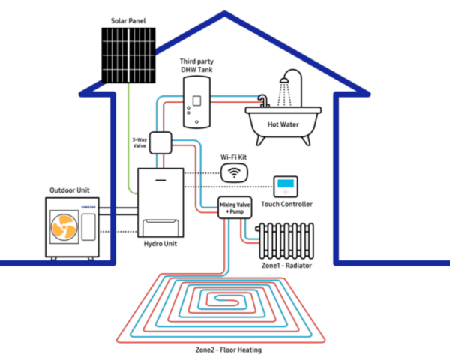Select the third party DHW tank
[197, 104]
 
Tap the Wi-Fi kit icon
[233, 173]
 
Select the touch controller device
[286, 185]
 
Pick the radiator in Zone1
[283, 241]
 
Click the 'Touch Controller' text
[286, 204]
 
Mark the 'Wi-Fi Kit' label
[234, 158]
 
